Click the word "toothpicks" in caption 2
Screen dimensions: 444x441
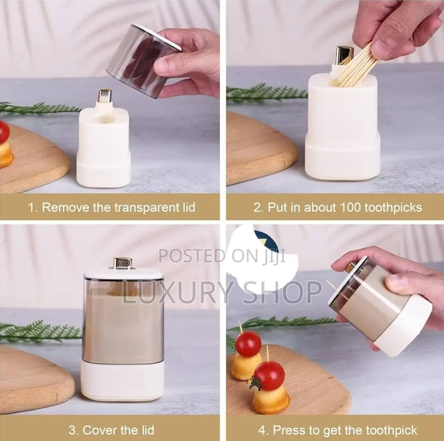coord(393,208)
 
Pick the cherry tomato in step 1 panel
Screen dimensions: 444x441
coord(4,131)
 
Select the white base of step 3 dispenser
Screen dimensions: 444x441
coord(122,382)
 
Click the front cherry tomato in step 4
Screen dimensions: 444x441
coord(268,376)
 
